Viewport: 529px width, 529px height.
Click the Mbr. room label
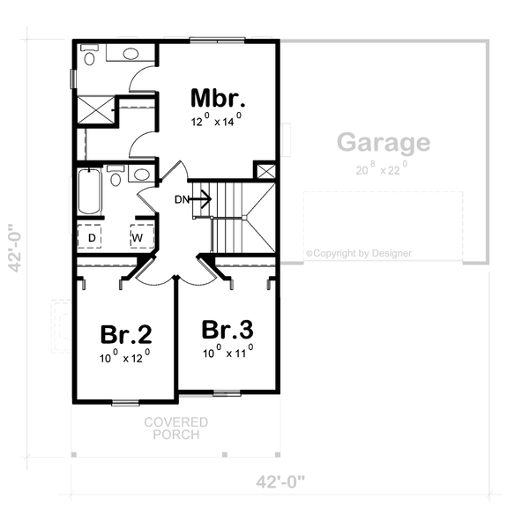pos(218,96)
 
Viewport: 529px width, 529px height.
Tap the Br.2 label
pos(125,335)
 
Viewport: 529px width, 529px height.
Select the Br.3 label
pos(227,330)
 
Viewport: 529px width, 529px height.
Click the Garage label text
pos(384,142)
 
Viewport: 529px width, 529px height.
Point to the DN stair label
pos(182,199)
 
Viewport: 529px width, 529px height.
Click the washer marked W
pos(138,237)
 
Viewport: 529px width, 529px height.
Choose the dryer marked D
pos(92,237)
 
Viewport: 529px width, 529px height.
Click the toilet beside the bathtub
pos(115,177)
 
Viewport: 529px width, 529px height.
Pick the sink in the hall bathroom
pos(139,174)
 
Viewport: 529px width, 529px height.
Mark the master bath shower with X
pos(95,109)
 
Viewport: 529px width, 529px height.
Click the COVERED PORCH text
pos(176,428)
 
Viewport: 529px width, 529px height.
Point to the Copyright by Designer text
pos(359,253)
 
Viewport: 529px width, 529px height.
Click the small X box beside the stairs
pos(265,171)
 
